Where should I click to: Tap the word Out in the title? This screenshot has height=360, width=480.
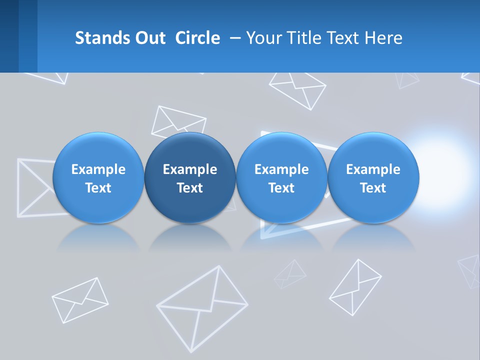click(149, 38)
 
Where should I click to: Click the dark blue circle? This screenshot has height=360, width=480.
click(190, 178)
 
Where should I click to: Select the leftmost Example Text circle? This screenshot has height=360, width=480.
click(98, 178)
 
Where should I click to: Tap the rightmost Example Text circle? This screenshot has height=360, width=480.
click(373, 178)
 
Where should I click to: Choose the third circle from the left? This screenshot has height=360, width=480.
click(281, 178)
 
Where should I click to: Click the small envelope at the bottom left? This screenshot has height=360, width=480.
click(80, 299)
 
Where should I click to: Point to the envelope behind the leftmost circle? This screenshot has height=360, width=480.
click(32, 187)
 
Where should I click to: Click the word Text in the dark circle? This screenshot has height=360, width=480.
click(190, 188)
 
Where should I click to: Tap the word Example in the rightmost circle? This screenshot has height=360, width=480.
click(373, 169)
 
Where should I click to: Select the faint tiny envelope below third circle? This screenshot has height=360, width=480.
click(290, 274)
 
